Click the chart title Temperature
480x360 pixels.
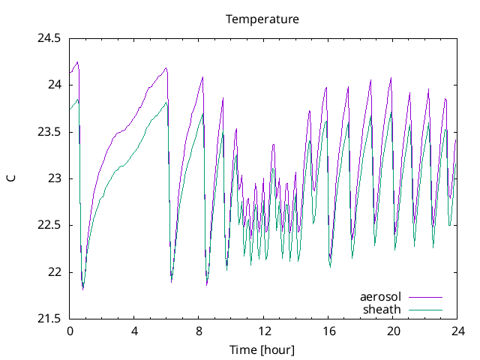(262, 19)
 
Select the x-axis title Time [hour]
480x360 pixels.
(262, 349)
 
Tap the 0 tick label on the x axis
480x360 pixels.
(70, 331)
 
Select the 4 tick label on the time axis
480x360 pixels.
(134, 331)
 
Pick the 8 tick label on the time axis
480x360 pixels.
(199, 331)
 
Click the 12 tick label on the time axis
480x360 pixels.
(264, 331)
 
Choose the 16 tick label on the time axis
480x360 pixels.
(328, 331)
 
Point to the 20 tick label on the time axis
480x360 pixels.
(393, 331)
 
